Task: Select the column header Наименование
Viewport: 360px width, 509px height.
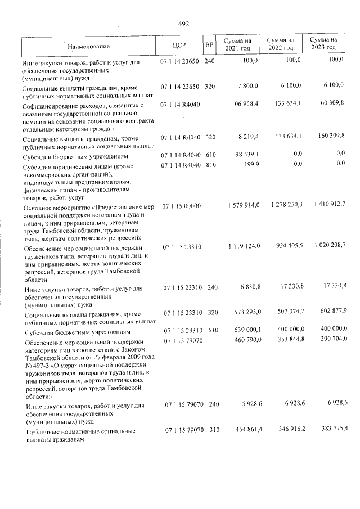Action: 89,46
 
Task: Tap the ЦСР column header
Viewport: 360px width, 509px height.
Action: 179,45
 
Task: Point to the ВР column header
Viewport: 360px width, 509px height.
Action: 209,45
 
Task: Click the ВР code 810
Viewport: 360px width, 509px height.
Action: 210,164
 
